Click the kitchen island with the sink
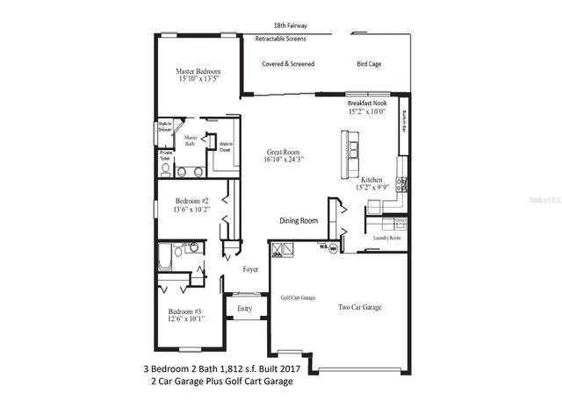tap(352, 154)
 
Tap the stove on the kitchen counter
tap(400, 184)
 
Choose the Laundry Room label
tap(386, 238)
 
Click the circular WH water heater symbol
tap(334, 246)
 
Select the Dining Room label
tap(299, 221)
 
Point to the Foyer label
tap(250, 269)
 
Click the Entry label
tap(244, 308)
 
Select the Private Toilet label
tap(165, 156)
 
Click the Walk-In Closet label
tap(226, 146)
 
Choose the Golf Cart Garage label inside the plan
tap(298, 297)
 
